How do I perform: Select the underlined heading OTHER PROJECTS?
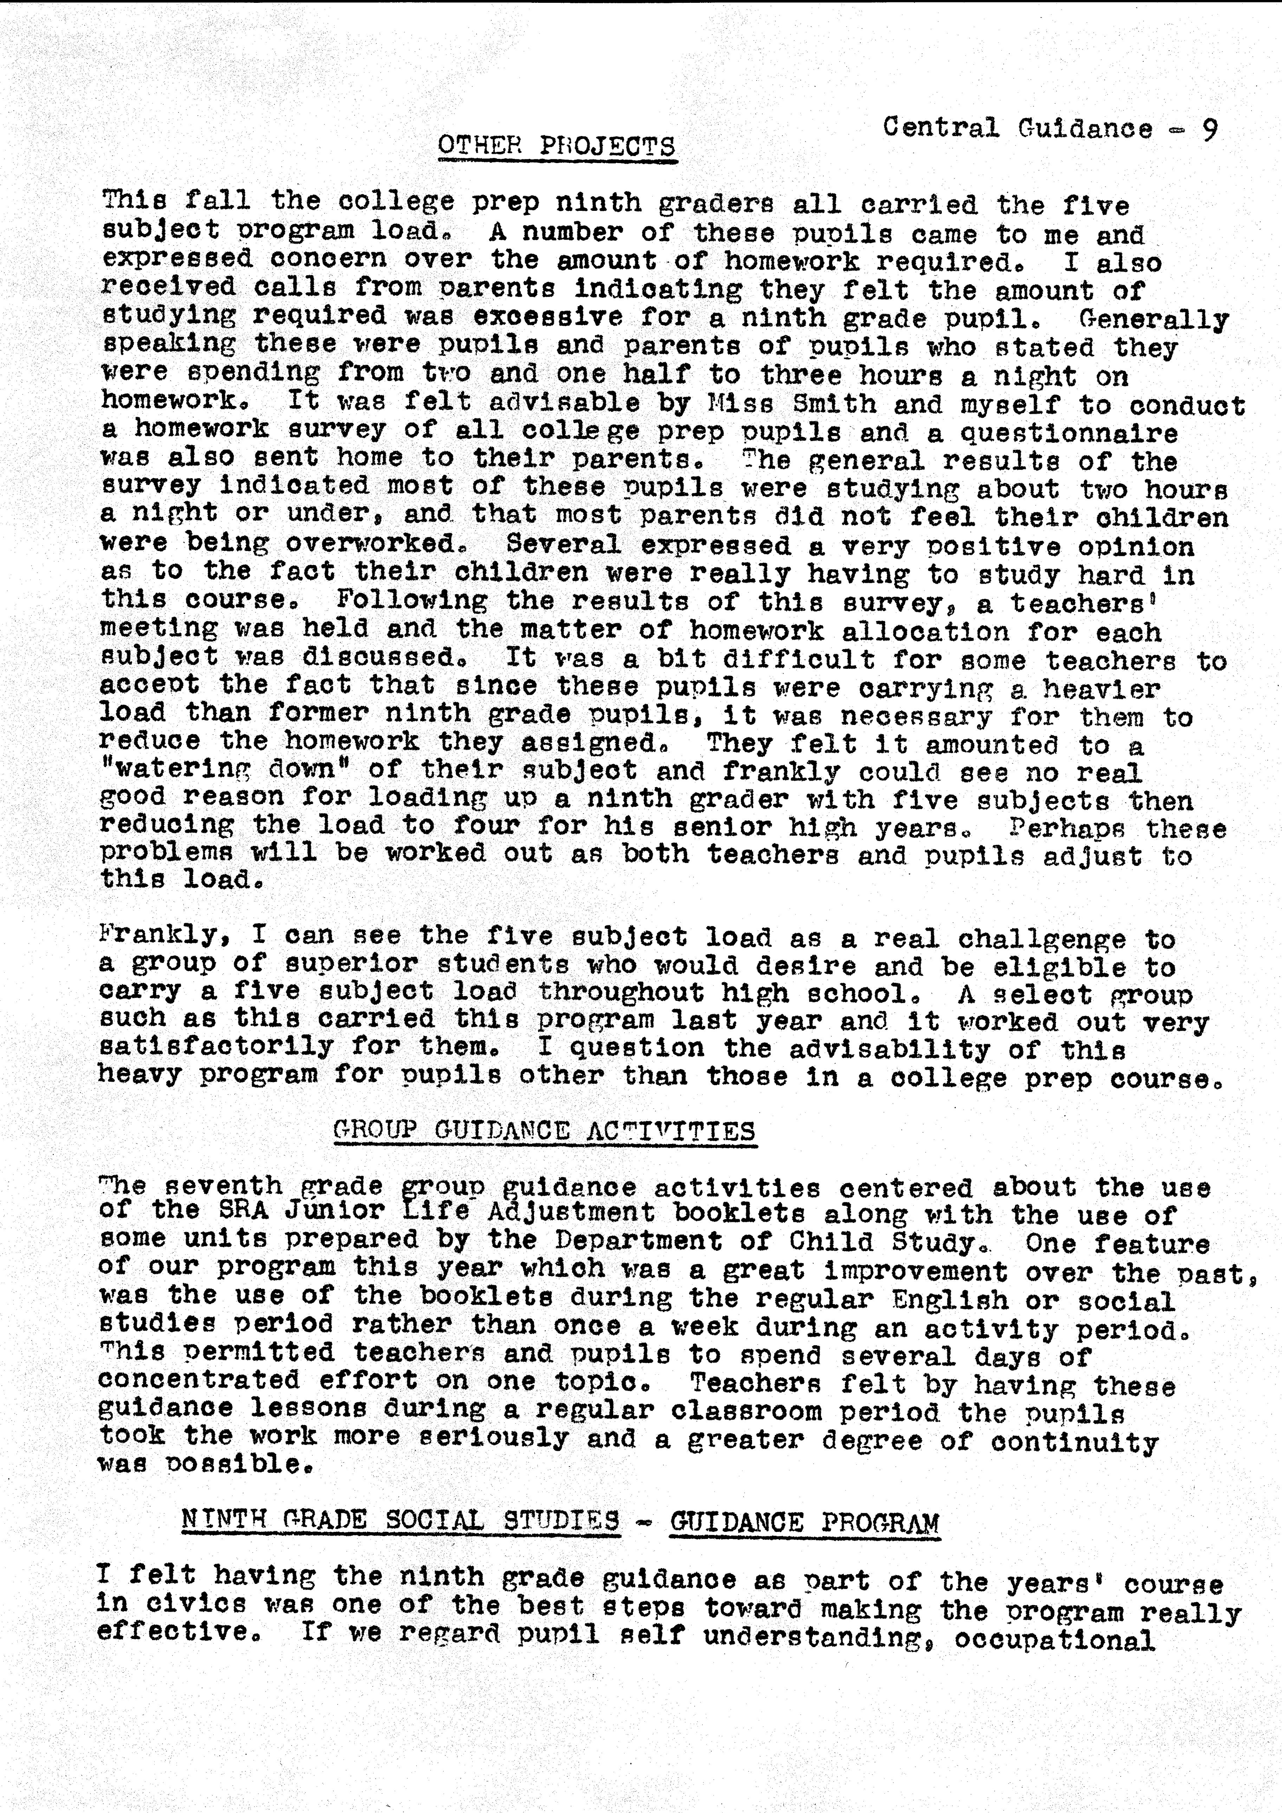[x=557, y=146]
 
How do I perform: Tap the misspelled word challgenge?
[x=1042, y=939]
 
